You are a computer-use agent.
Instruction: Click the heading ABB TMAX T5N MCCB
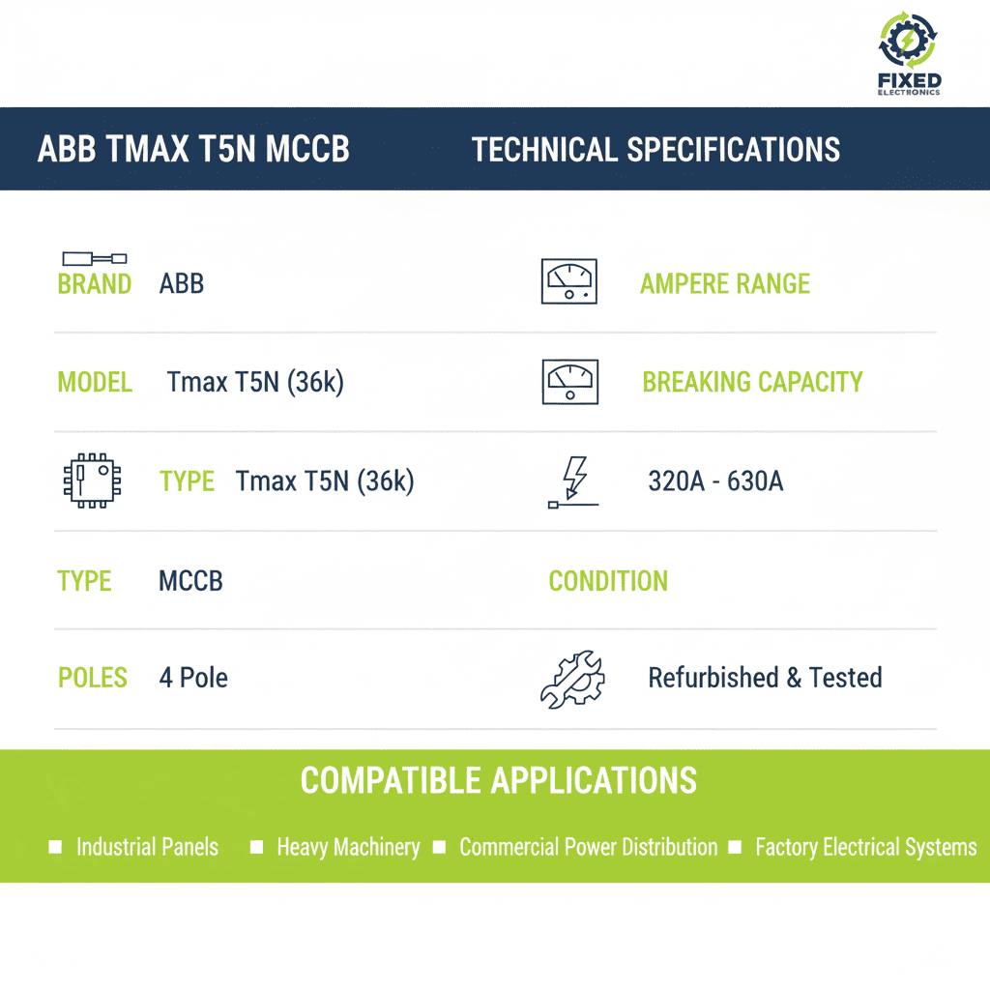[x=193, y=150]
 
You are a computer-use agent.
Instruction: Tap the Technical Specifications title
[x=655, y=150]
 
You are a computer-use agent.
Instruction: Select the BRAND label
[x=95, y=284]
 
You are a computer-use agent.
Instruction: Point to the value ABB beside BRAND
[x=182, y=284]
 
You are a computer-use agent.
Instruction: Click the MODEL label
[x=95, y=383]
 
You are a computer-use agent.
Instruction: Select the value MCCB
[x=190, y=581]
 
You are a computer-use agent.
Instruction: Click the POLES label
[x=93, y=678]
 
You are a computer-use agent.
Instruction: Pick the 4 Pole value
[x=193, y=678]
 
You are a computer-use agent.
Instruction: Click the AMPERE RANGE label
[x=725, y=284]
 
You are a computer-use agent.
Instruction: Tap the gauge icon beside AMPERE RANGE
[x=569, y=281]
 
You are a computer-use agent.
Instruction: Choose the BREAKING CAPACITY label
[x=752, y=382]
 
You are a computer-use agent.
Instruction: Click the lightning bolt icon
[x=574, y=481]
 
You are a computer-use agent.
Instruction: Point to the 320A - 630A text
[x=715, y=481]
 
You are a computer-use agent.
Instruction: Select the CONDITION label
[x=608, y=581]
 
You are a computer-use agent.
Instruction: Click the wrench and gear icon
[x=571, y=679]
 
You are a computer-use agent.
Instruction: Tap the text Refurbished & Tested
[x=765, y=678]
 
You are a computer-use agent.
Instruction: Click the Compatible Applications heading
[x=498, y=780]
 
